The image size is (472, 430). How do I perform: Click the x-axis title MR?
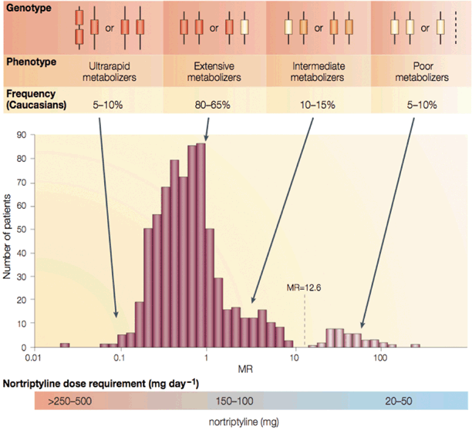click(x=207, y=371)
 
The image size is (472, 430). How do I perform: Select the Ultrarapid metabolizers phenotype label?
click(x=110, y=71)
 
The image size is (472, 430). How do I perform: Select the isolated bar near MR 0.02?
click(x=65, y=345)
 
